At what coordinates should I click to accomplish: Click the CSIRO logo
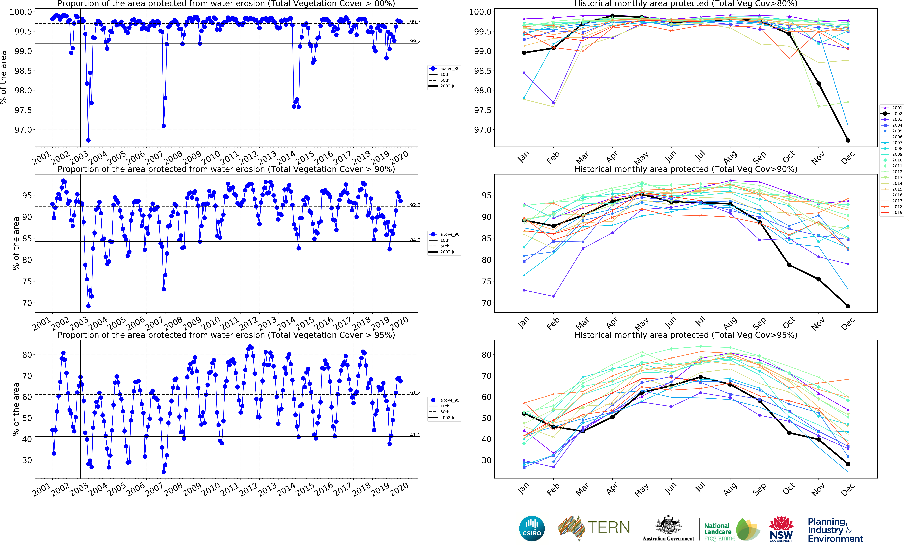[532, 528]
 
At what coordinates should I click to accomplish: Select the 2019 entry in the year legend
[892, 212]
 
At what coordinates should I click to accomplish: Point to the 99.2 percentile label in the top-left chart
[415, 41]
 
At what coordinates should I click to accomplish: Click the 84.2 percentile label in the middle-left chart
[415, 240]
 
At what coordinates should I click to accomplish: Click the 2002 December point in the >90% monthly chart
[848, 306]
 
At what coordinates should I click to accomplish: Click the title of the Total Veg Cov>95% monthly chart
[685, 335]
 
